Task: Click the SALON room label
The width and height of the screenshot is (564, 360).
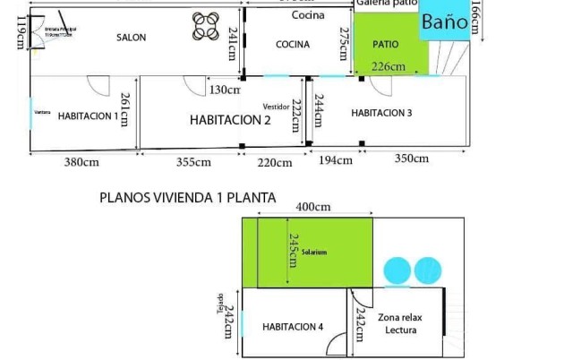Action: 131,38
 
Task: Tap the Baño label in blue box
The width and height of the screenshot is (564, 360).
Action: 444,22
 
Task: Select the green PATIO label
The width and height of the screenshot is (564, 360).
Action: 385,43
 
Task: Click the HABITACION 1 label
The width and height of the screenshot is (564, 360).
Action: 88,116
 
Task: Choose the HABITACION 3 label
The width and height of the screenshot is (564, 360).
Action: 381,113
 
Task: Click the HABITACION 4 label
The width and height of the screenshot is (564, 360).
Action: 293,327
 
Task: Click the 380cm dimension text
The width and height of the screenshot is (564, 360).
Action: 81,162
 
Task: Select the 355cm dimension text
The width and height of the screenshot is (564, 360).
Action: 193,162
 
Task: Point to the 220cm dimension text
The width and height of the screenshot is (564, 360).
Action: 275,163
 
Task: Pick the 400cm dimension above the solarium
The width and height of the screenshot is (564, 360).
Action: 312,207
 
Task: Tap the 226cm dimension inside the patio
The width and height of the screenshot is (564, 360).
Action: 388,66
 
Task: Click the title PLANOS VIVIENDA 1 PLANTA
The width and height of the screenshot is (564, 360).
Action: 187,197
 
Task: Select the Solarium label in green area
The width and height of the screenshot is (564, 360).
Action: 314,253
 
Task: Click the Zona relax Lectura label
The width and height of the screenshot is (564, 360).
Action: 399,323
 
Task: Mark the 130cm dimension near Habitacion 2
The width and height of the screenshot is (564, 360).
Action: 225,90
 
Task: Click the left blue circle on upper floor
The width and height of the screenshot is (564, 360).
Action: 395,270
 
